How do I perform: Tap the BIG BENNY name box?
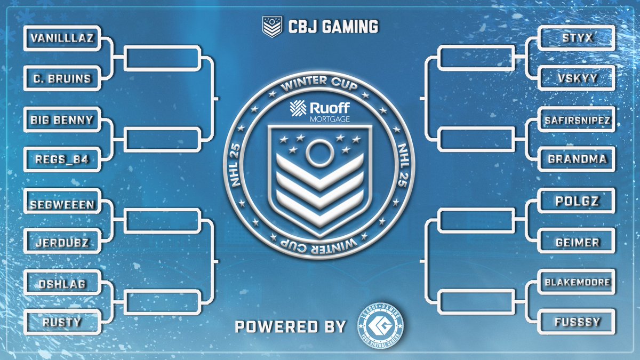(61, 120)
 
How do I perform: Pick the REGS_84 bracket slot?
(61, 159)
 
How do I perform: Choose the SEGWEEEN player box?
(61, 204)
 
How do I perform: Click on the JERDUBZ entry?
(61, 243)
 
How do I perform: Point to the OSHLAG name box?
(61, 284)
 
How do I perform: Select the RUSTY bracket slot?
(61, 322)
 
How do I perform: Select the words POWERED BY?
(291, 326)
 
